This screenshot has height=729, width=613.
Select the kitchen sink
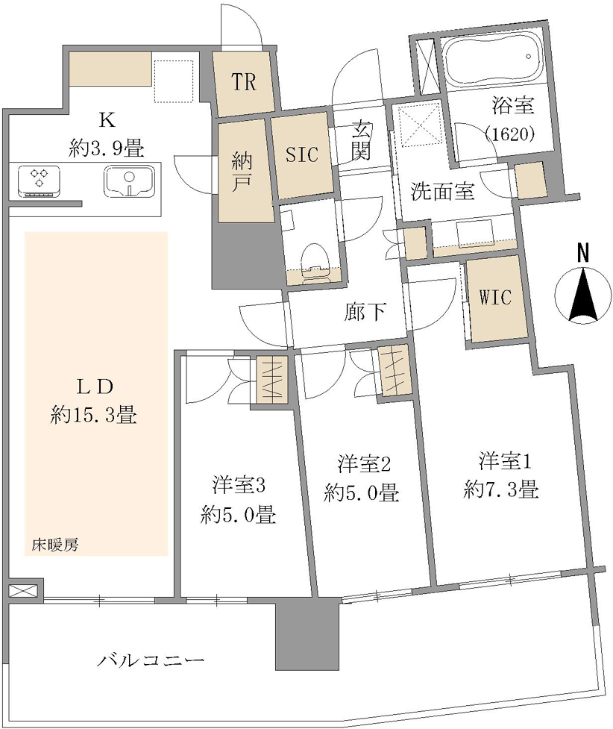tap(129, 181)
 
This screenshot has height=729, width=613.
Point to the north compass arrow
tap(583, 295)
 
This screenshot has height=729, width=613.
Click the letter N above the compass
tap(582, 253)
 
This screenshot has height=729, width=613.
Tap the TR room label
tap(244, 82)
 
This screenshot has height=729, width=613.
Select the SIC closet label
tap(301, 154)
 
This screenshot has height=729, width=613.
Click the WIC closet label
tap(495, 297)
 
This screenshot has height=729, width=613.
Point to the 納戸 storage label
tap(241, 172)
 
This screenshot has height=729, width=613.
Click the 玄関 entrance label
tap(361, 140)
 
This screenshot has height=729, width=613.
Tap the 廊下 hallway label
tap(365, 312)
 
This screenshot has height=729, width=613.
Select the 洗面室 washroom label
tap(442, 191)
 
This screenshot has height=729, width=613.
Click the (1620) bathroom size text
tap(510, 134)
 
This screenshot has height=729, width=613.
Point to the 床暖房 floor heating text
tap(55, 545)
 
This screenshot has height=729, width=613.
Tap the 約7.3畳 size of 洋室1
tap(501, 489)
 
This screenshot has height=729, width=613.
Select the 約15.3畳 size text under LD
tap(93, 414)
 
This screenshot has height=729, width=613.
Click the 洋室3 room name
tap(239, 486)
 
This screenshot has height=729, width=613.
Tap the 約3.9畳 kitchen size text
tap(107, 148)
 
